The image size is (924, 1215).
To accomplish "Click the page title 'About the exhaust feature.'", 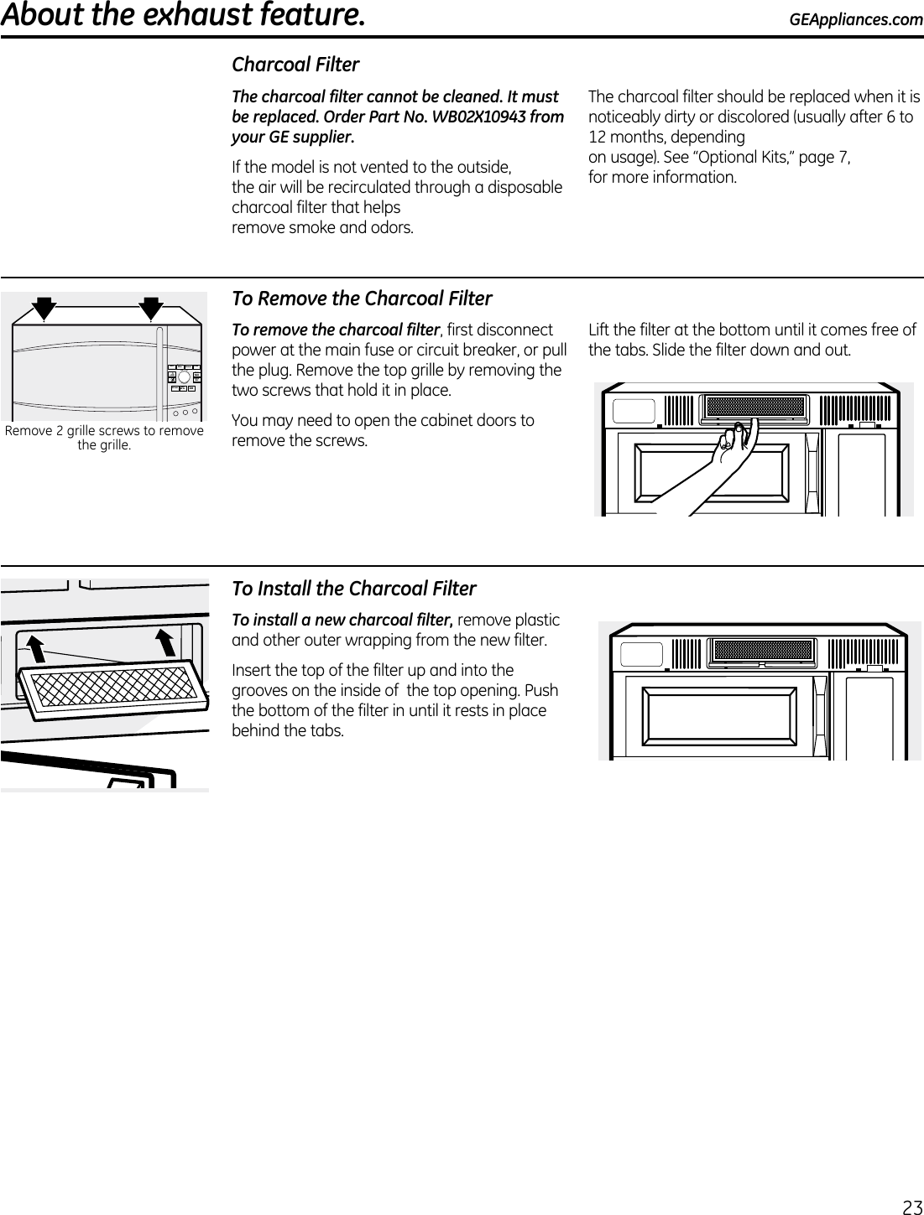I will [x=183, y=16].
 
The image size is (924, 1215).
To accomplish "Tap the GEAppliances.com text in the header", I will [x=855, y=18].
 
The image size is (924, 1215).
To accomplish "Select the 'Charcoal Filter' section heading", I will [x=295, y=65].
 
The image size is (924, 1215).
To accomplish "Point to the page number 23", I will [x=911, y=1207].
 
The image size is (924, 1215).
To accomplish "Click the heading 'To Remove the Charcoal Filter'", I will [x=362, y=299].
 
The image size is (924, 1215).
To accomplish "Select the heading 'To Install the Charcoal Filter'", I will [x=353, y=589].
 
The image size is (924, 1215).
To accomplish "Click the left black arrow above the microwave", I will [x=44, y=307].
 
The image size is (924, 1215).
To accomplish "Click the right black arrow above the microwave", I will [x=151, y=307].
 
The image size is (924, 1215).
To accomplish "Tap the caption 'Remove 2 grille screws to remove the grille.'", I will [x=104, y=438].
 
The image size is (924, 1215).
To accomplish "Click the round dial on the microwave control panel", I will [x=184, y=376].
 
